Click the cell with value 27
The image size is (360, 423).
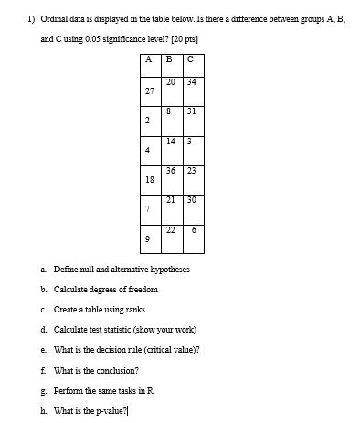click(x=149, y=91)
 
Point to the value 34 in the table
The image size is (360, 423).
click(x=191, y=81)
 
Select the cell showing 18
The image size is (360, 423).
click(x=149, y=180)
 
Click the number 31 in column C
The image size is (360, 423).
click(x=191, y=111)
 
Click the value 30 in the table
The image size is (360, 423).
click(x=191, y=199)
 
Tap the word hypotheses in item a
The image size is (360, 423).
click(x=167, y=270)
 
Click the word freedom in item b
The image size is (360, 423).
click(x=140, y=289)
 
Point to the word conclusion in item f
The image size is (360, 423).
click(x=116, y=371)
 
